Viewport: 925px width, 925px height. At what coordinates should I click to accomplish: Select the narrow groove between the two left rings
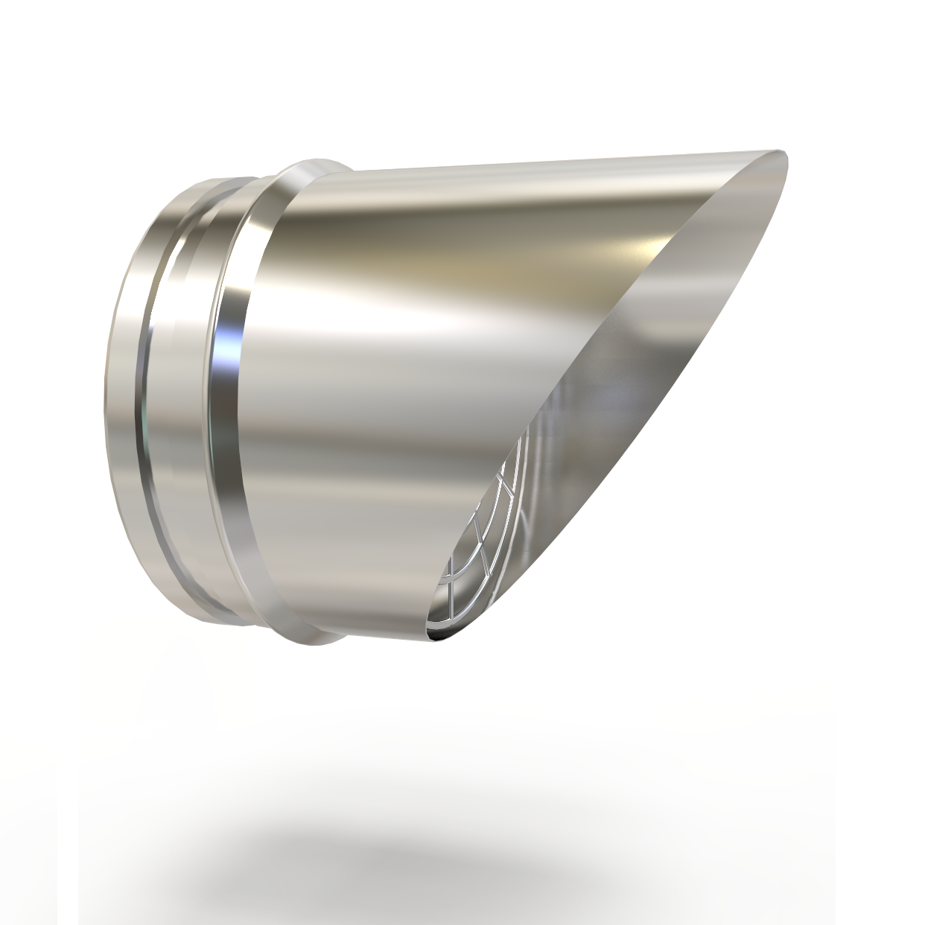pyautogui.click(x=148, y=387)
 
